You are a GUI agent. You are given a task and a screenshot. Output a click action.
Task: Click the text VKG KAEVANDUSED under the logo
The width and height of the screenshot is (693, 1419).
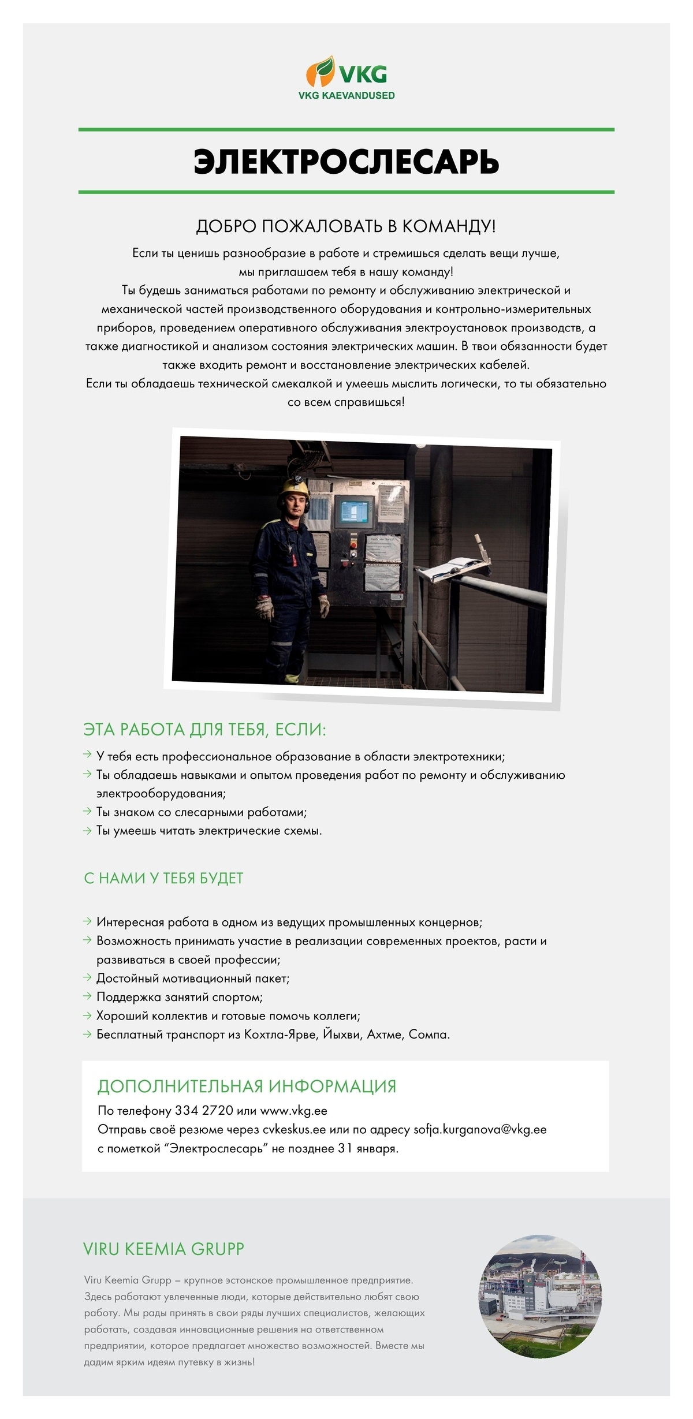coord(346,96)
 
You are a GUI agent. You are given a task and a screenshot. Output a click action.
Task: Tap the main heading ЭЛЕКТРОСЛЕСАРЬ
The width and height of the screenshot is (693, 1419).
coord(346,161)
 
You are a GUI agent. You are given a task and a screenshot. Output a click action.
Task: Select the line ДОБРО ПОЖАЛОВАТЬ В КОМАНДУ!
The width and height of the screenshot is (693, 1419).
coord(346,226)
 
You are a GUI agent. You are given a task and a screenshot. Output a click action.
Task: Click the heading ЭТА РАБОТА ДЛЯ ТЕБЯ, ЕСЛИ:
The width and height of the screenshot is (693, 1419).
coord(205,730)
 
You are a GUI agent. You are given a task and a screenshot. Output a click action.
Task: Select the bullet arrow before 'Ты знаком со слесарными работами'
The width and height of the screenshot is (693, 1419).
coord(87,812)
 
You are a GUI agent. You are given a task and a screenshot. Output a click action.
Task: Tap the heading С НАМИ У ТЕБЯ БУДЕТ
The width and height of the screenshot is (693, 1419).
coord(163,878)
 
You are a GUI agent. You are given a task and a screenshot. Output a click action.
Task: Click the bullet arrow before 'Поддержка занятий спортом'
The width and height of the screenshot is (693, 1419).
coord(87,996)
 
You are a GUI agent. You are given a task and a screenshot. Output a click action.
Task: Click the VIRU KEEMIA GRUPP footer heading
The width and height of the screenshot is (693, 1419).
coord(163,1249)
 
